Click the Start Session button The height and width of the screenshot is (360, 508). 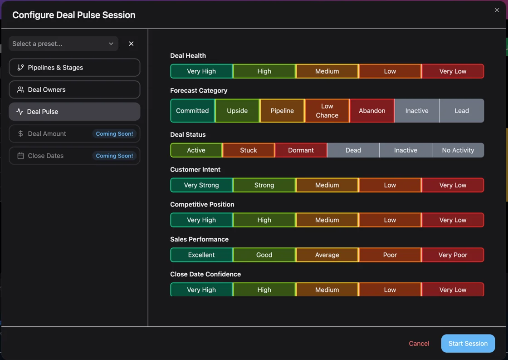[x=468, y=344]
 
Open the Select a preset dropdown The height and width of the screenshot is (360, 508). [x=63, y=44]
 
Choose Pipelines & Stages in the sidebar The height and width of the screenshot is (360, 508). [x=74, y=68]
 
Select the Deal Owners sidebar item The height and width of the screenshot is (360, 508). [x=74, y=89]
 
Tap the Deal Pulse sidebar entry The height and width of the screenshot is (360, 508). [x=74, y=112]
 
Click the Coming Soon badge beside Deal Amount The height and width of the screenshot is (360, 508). [x=114, y=134]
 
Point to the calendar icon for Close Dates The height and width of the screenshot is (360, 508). [x=20, y=156]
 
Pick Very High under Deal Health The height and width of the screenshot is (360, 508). [x=201, y=71]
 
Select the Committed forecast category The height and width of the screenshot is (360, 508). [x=192, y=111]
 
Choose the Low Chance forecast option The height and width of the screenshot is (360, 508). [x=327, y=111]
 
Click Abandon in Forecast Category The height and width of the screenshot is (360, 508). [x=372, y=111]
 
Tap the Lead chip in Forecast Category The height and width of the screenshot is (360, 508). [x=462, y=111]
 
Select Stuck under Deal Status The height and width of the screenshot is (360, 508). [x=249, y=150]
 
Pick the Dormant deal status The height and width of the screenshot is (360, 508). [x=301, y=150]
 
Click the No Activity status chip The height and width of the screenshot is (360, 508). [x=458, y=150]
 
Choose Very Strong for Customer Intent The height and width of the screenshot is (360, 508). [x=201, y=185]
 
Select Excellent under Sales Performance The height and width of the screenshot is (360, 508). [x=201, y=255]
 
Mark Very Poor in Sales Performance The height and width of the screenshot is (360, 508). [x=453, y=255]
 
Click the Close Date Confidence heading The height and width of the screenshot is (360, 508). [x=205, y=274]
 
